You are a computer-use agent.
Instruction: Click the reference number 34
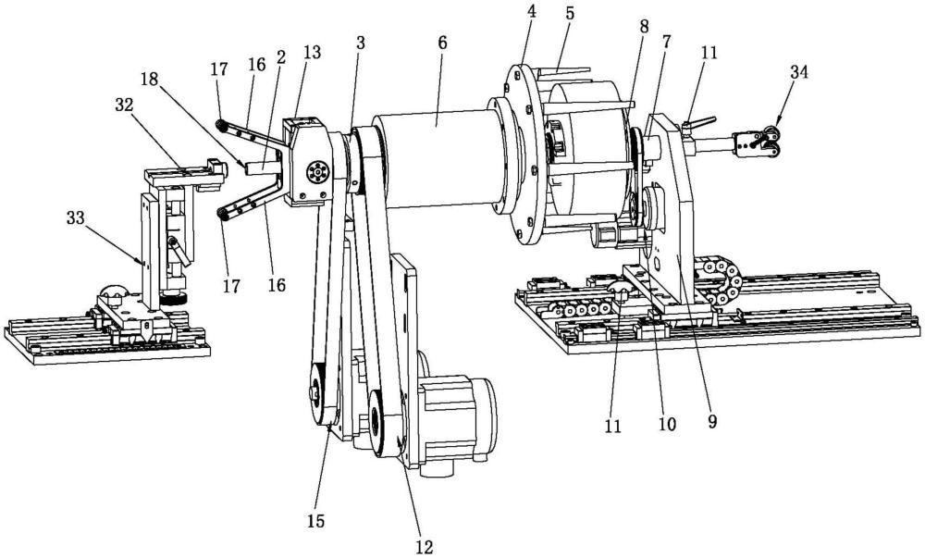(x=799, y=72)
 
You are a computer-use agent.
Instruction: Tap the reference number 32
(x=124, y=105)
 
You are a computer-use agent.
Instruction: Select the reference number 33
(x=76, y=218)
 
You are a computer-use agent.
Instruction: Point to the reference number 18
(x=150, y=80)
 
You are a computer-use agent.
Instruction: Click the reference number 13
(x=312, y=52)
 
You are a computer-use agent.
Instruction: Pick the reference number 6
(x=442, y=43)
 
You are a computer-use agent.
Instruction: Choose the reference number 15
(x=315, y=521)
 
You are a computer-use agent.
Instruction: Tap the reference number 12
(x=425, y=547)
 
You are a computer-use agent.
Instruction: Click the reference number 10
(x=667, y=424)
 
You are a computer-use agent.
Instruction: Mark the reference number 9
(x=712, y=422)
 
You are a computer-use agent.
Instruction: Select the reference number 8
(x=643, y=27)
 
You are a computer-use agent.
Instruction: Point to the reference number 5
(x=569, y=14)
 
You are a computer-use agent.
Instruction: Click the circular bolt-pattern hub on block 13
(x=317, y=173)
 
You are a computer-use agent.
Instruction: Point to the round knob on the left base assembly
(x=113, y=293)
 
